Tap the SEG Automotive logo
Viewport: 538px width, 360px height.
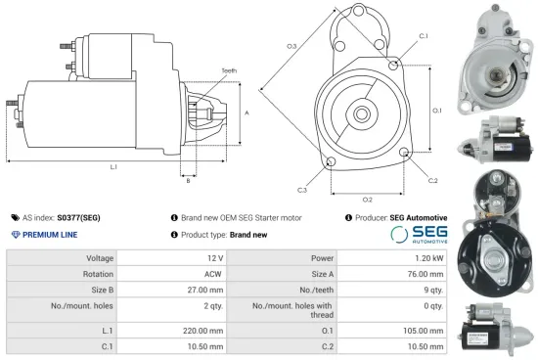pyautogui.click(x=420, y=234)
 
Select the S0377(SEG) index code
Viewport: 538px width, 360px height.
pyautogui.click(x=79, y=217)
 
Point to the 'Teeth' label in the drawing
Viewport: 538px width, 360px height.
pyautogui.click(x=229, y=70)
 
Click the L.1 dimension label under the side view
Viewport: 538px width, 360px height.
pyautogui.click(x=113, y=167)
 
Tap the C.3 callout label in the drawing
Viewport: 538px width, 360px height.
pyautogui.click(x=302, y=189)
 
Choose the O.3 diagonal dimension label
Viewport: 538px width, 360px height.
pyautogui.click(x=291, y=46)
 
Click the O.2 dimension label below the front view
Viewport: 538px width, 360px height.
pyautogui.click(x=367, y=200)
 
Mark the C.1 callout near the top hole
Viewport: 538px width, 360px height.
pyautogui.click(x=423, y=36)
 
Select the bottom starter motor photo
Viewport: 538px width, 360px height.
pyautogui.click(x=495, y=323)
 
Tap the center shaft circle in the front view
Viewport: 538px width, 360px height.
pyautogui.click(x=360, y=114)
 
